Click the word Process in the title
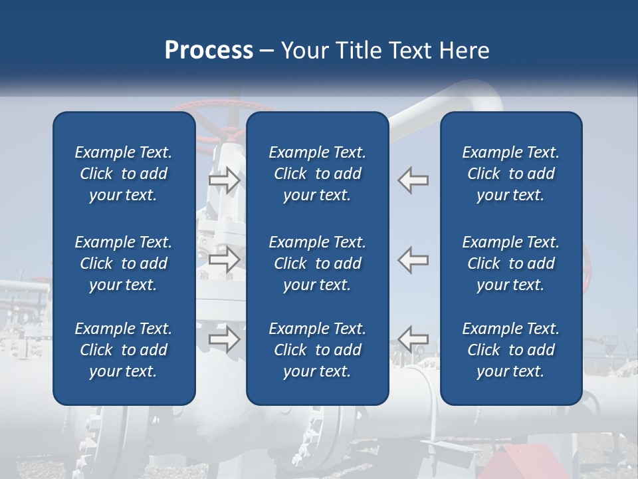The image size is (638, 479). pyautogui.click(x=209, y=51)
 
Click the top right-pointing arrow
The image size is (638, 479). pyautogui.click(x=224, y=180)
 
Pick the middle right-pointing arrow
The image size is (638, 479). pyautogui.click(x=224, y=259)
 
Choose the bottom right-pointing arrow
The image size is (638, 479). pyautogui.click(x=224, y=339)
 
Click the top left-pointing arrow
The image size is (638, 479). pyautogui.click(x=413, y=180)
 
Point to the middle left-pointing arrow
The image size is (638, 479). pyautogui.click(x=413, y=259)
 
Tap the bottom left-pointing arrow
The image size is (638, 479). pyautogui.click(x=413, y=339)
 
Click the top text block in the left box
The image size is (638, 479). pyautogui.click(x=124, y=174)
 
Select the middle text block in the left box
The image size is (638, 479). pyautogui.click(x=124, y=263)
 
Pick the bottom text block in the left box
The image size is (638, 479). pyautogui.click(x=124, y=349)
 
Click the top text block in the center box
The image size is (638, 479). pyautogui.click(x=318, y=174)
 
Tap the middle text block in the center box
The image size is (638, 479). pyautogui.click(x=318, y=263)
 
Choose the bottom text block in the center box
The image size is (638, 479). pyautogui.click(x=318, y=349)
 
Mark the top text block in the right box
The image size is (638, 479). pyautogui.click(x=510, y=174)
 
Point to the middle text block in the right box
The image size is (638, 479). pyautogui.click(x=510, y=263)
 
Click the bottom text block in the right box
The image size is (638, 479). pyautogui.click(x=510, y=349)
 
